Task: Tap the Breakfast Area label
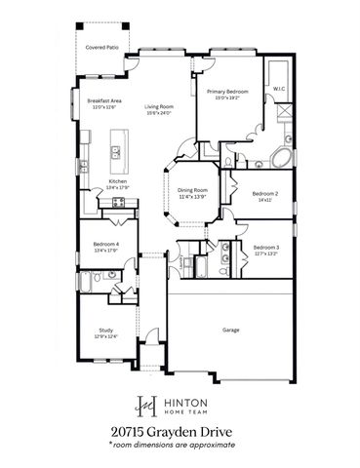[102, 102]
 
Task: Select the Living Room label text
[158, 107]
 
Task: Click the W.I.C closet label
[278, 90]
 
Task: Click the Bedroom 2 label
[265, 194]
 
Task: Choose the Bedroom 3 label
[265, 247]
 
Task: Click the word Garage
[229, 330]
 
